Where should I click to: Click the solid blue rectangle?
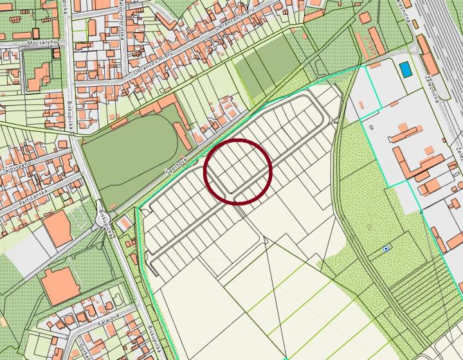click(406, 67)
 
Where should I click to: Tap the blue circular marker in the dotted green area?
click(386, 248)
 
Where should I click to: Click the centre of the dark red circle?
click(238, 171)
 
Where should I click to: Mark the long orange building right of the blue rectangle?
click(428, 55)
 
